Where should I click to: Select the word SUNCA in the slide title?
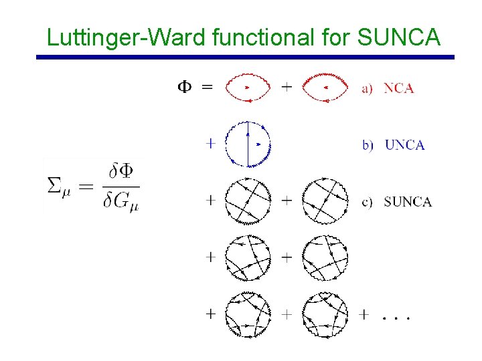[399, 37]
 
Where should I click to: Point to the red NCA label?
[398, 88]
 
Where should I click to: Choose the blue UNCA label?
[404, 145]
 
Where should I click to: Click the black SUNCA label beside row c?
[408, 202]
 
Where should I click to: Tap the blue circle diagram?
[248, 144]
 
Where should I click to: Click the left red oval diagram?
[248, 88]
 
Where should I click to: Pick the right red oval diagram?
[325, 88]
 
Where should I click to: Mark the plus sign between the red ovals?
[287, 87]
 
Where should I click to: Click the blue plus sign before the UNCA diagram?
[211, 142]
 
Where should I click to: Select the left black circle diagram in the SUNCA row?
[248, 201]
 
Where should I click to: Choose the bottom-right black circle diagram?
[325, 314]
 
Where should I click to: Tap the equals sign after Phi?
[208, 87]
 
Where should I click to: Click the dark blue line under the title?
[245, 57]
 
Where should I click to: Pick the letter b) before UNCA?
[368, 146]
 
